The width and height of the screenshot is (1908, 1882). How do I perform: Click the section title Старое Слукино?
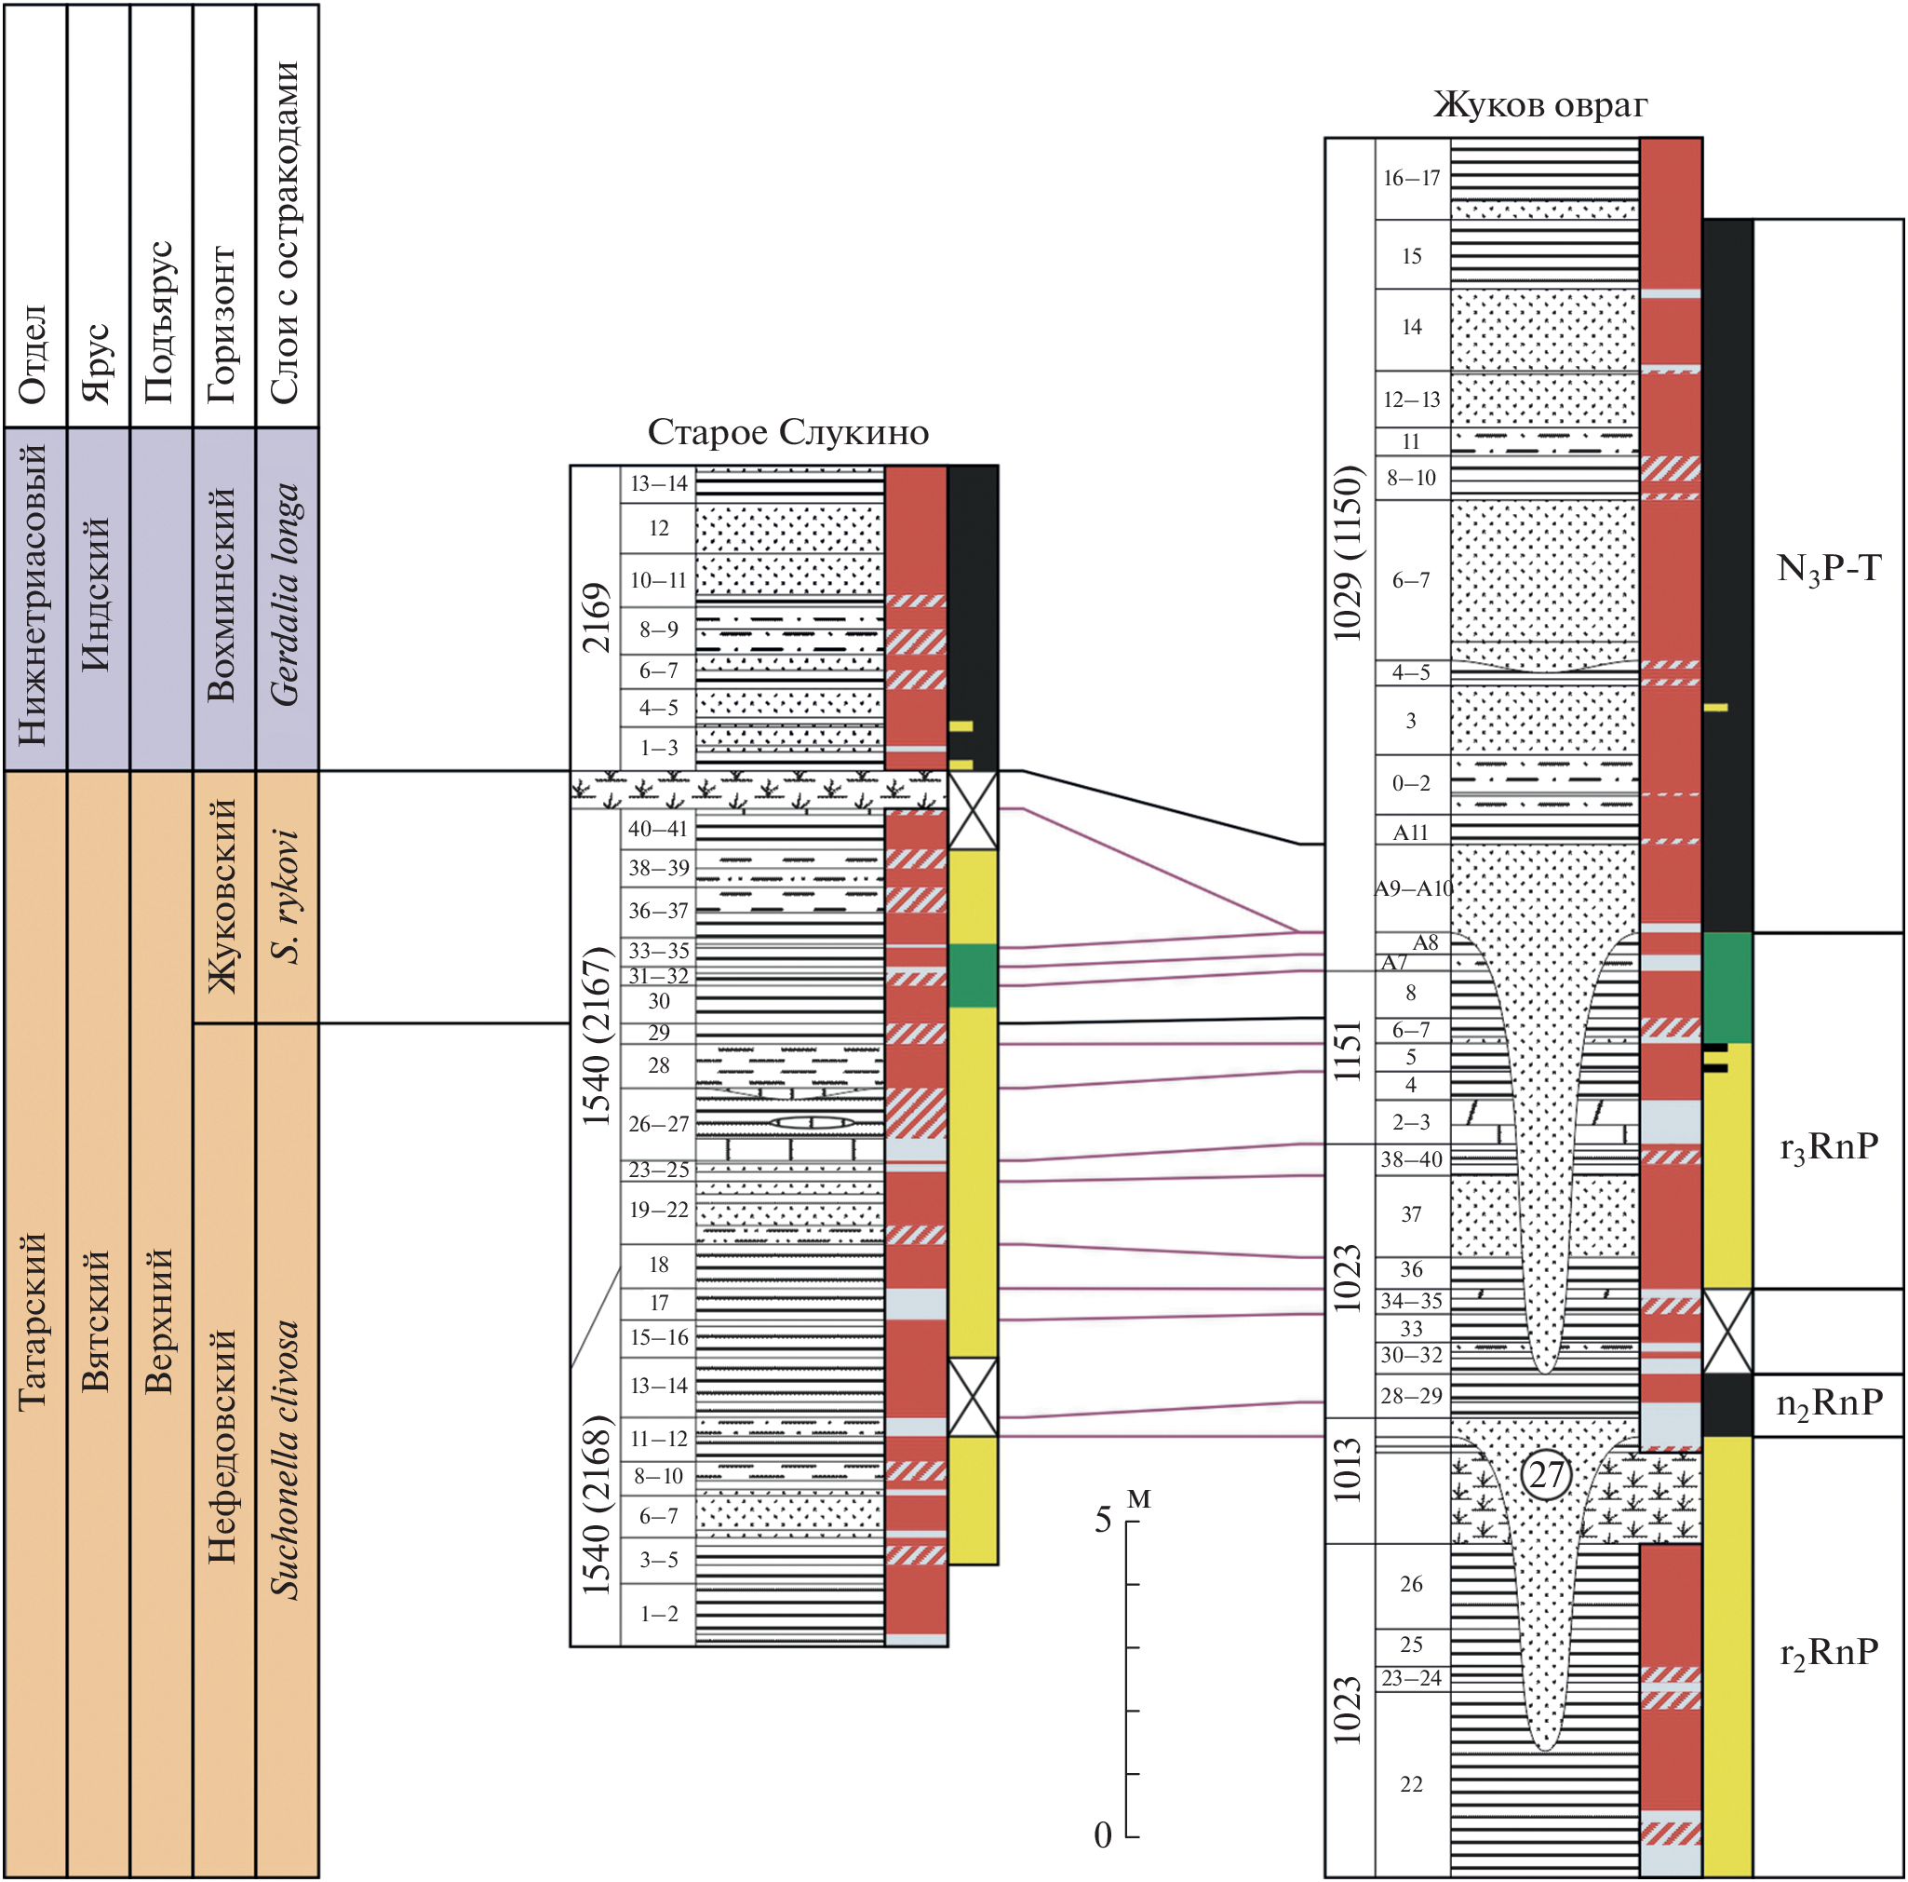(787, 433)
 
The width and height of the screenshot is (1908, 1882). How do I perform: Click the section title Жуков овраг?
(1539, 104)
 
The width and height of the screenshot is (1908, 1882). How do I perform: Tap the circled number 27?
(1546, 1475)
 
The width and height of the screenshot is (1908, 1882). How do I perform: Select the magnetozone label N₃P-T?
(1828, 569)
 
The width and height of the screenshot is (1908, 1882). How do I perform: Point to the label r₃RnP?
(1828, 1147)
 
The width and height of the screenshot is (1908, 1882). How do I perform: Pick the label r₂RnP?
(1828, 1652)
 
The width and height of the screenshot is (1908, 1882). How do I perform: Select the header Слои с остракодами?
(285, 232)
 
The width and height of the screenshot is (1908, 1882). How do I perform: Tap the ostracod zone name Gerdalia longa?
(285, 595)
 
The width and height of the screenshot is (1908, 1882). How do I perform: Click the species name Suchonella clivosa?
(285, 1459)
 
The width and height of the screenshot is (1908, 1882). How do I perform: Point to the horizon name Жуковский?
(222, 895)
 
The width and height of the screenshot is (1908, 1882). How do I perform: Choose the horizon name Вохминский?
(222, 595)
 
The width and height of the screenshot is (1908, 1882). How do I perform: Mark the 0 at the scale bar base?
(1102, 1835)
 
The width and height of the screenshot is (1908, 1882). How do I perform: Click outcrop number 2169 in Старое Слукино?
(596, 617)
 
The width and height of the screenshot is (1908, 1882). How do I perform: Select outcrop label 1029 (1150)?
(1348, 552)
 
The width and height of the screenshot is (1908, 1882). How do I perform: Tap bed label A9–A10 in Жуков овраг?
(1412, 888)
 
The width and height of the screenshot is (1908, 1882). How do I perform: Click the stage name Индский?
(96, 595)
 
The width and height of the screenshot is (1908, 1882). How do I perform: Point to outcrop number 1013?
(1348, 1471)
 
